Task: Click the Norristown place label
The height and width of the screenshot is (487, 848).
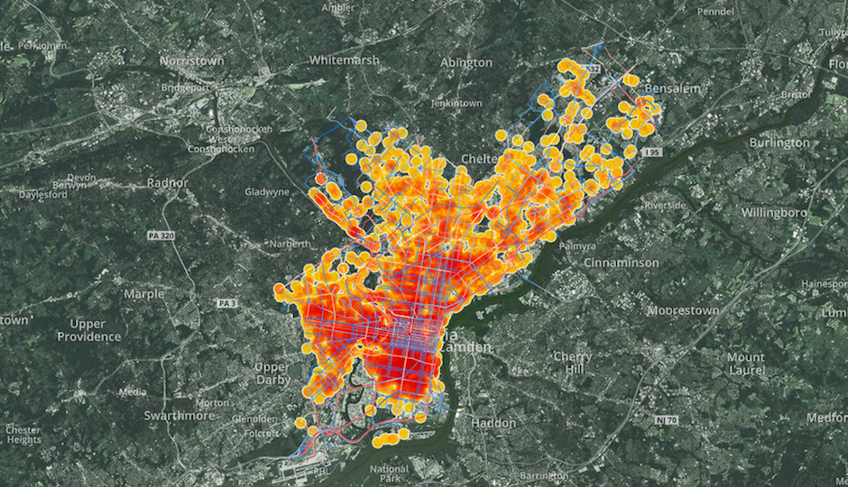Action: (190, 60)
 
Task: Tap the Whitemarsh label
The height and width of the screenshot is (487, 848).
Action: (346, 60)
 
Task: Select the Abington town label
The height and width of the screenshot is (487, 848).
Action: (466, 62)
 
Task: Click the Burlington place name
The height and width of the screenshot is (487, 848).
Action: (779, 142)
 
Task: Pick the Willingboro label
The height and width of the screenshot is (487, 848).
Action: (779, 214)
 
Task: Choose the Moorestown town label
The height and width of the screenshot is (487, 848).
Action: (683, 311)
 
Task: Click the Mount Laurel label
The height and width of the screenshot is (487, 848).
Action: (746, 363)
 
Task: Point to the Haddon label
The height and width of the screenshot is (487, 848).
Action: (493, 423)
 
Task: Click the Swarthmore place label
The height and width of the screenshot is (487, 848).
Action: (180, 416)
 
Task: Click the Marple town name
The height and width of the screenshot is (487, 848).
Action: (144, 294)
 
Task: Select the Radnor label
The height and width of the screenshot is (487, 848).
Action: (168, 182)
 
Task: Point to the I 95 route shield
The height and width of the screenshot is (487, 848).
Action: (652, 152)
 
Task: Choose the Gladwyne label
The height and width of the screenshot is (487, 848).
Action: (268, 192)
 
